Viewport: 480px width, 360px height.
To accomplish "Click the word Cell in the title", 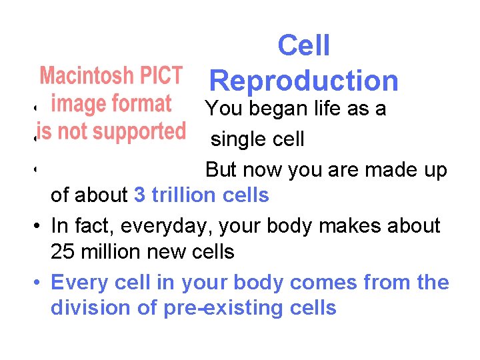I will click(303, 46).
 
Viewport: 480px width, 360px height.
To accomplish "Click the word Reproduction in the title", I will click(304, 81).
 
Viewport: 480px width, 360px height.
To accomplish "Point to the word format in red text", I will click(141, 104).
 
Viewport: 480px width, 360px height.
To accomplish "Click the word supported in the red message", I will click(137, 131).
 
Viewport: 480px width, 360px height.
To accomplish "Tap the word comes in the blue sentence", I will click(323, 283).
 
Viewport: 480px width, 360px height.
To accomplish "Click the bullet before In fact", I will click(39, 226).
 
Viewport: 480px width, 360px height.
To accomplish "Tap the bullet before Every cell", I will click(39, 283).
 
